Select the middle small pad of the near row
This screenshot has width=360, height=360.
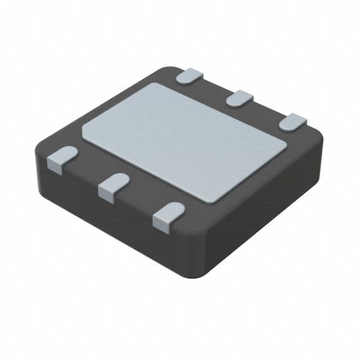click(x=112, y=185)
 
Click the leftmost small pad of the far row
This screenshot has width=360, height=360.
click(x=190, y=76)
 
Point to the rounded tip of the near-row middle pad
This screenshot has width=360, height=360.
click(x=121, y=179)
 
